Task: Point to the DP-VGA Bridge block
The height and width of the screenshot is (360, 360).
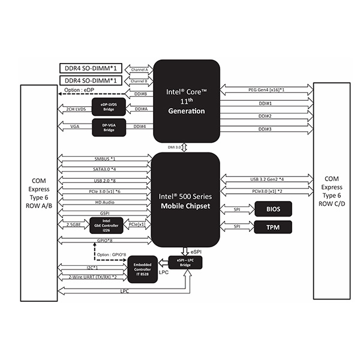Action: (x=109, y=127)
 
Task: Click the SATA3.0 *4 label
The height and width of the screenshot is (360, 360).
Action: (x=105, y=170)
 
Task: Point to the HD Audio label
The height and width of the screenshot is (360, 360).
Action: (x=105, y=202)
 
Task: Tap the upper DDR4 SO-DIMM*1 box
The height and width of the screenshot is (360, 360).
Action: (x=90, y=68)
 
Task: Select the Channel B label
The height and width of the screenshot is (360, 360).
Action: (x=139, y=80)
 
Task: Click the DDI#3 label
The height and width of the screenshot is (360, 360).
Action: (x=265, y=129)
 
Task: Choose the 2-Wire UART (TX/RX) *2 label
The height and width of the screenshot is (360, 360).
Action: (x=93, y=277)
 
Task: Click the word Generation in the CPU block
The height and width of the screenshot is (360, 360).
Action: (x=187, y=111)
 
